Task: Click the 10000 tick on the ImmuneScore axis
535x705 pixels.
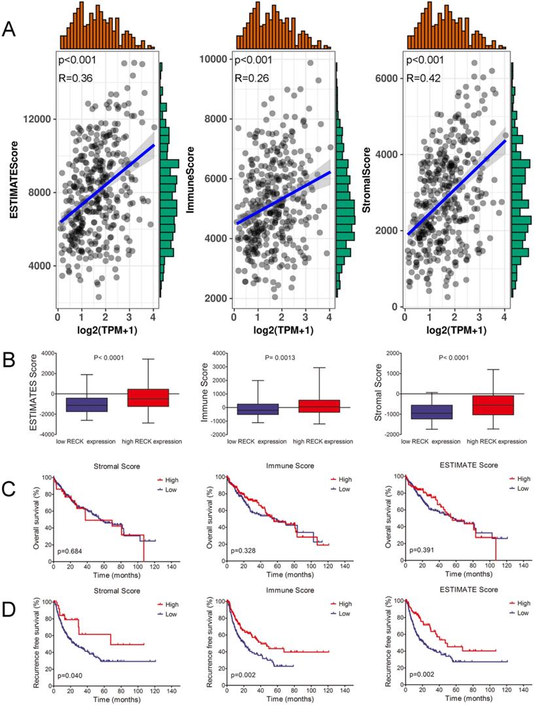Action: click(214, 59)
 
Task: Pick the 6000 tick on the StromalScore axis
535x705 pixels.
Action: click(392, 78)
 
